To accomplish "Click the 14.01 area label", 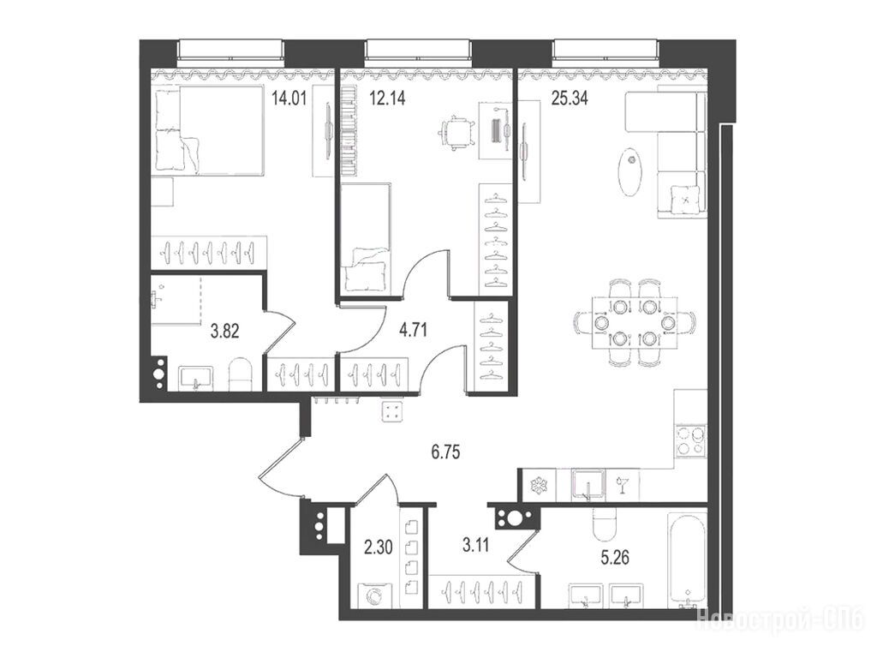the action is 289,99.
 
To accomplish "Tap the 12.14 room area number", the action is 387,99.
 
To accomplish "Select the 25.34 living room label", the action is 570,99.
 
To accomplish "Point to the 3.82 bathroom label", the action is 225,332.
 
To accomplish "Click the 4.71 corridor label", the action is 413,330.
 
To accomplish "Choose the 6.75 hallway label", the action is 445,452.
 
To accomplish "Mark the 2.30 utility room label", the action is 379,547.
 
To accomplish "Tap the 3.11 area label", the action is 475,544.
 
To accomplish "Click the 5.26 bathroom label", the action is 614,557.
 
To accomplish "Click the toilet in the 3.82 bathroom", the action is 241,374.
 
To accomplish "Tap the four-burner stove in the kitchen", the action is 690,441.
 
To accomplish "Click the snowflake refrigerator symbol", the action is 541,485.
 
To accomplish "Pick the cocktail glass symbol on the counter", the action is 620,485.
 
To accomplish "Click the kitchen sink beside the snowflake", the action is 588,485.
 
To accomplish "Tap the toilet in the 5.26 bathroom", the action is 602,525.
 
